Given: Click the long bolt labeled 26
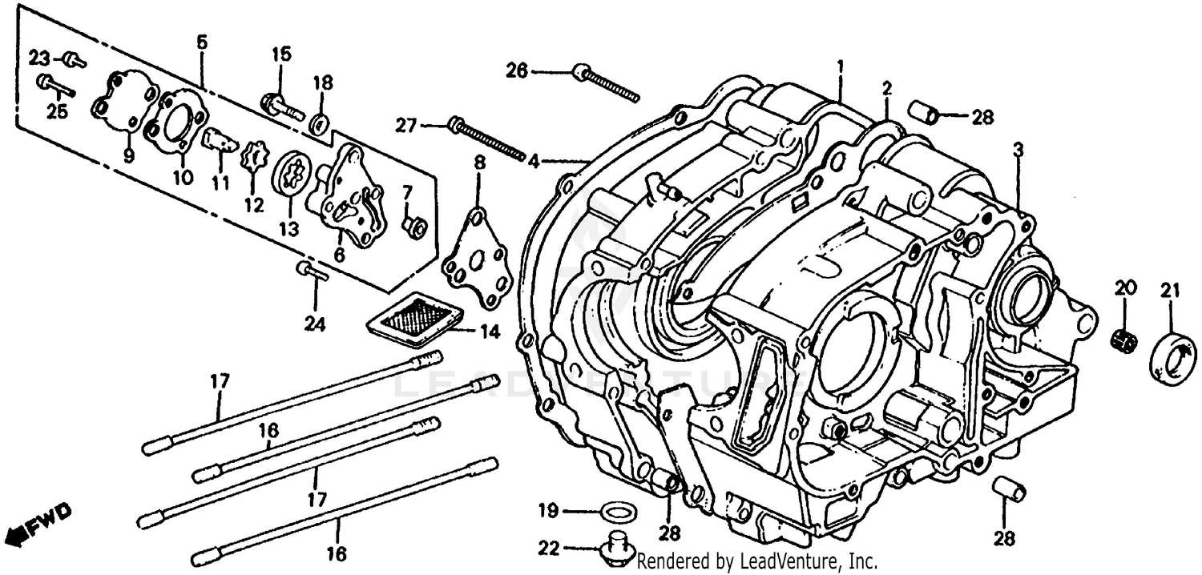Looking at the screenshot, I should (x=607, y=83).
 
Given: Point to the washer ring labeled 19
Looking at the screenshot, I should (x=615, y=510).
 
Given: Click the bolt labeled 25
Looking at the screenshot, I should (x=54, y=84).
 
